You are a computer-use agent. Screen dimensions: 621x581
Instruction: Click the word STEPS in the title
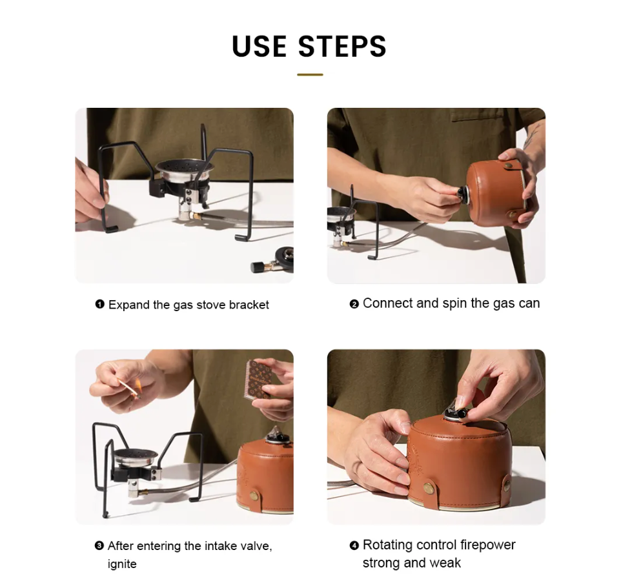coord(341,46)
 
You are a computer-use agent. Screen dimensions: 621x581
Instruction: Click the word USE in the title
coord(260,46)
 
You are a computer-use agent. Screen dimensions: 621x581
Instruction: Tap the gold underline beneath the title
coord(310,74)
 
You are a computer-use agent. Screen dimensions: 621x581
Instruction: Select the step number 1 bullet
coord(99,304)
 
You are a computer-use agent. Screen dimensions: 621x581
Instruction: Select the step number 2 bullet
coord(354,304)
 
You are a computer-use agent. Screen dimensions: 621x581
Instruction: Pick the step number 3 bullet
coord(99,545)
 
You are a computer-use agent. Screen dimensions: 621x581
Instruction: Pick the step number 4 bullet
coord(354,545)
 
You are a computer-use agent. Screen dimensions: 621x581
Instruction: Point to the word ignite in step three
coord(122,564)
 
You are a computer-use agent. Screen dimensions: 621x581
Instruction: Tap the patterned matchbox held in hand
coord(259,379)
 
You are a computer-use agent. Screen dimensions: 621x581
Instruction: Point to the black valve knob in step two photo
coord(462,194)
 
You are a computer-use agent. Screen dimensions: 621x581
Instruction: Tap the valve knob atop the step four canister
coord(456,413)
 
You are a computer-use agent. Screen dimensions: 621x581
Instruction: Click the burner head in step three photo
coord(136,458)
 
